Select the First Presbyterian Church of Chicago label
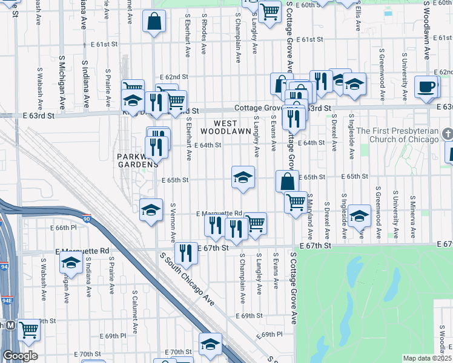coord(397,135)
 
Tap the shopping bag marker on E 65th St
coord(287,180)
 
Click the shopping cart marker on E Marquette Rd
coord(256,222)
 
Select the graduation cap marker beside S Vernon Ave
coord(151,209)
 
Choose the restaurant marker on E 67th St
coord(186,252)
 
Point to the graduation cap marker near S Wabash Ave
coord(71,263)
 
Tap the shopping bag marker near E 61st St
coord(154,22)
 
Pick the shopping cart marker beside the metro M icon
coord(28,330)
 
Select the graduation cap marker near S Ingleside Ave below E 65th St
coord(359,215)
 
